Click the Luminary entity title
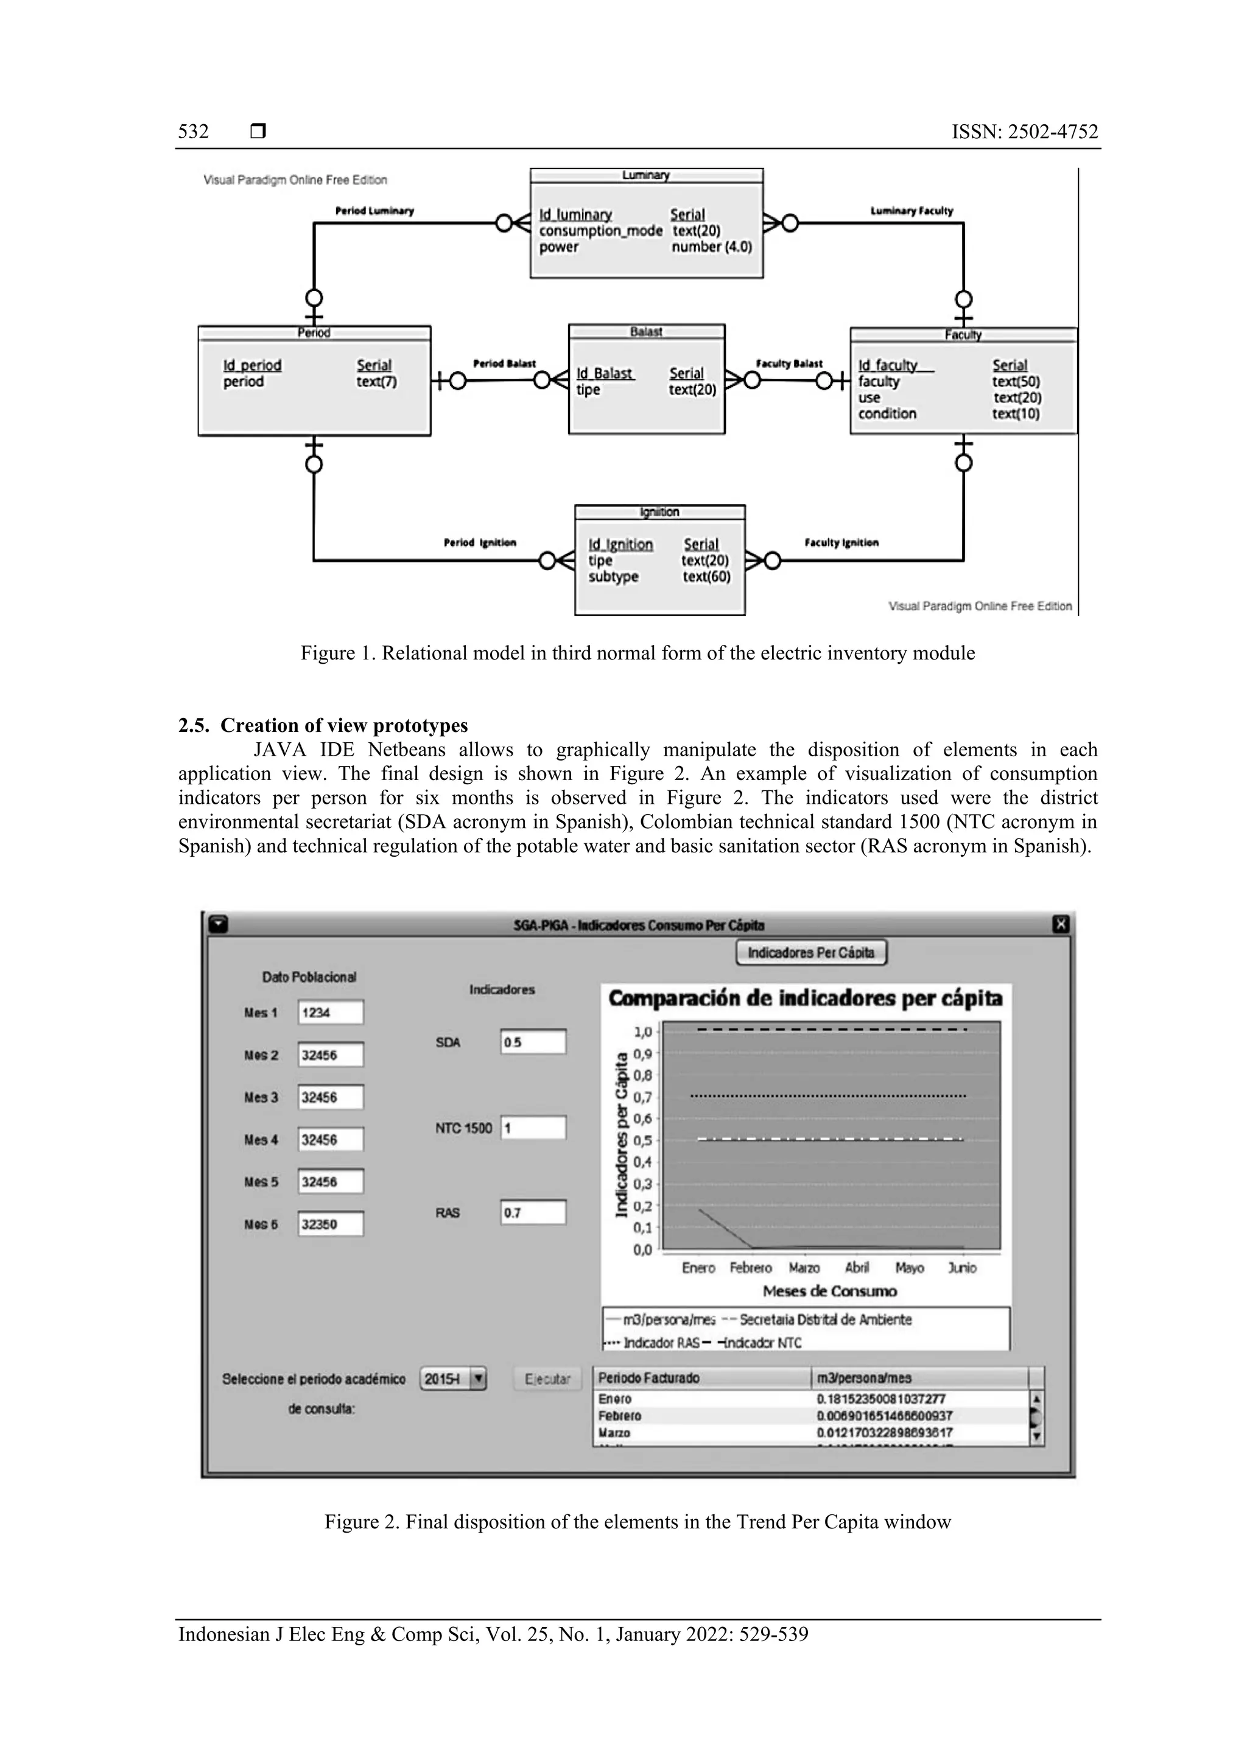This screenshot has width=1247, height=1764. tap(645, 175)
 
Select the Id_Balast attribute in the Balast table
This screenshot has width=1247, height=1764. tap(605, 373)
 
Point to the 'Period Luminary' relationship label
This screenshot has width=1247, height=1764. tap(374, 211)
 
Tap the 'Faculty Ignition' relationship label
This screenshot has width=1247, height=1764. tap(841, 543)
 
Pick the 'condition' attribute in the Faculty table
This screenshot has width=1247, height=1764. tap(887, 413)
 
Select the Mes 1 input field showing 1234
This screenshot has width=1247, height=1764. tap(331, 1013)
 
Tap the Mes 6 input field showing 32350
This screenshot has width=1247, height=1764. tap(331, 1224)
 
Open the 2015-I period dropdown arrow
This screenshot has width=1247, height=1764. tap(478, 1379)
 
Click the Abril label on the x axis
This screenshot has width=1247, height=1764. tap(857, 1268)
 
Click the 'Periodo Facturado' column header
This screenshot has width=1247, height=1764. tap(648, 1377)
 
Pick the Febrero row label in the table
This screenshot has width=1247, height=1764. tap(619, 1415)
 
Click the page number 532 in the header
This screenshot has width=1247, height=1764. tap(194, 132)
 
